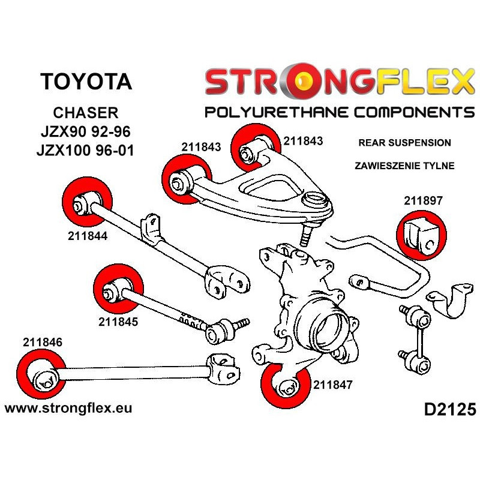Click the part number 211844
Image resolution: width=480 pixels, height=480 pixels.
pyautogui.click(x=87, y=236)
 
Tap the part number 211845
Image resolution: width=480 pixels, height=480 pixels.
pyautogui.click(x=118, y=321)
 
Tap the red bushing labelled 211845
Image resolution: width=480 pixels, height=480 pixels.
pyautogui.click(x=118, y=291)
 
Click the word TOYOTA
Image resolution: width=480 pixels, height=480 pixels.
pyautogui.click(x=86, y=82)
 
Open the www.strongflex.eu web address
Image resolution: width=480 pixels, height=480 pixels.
pyautogui.click(x=68, y=408)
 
